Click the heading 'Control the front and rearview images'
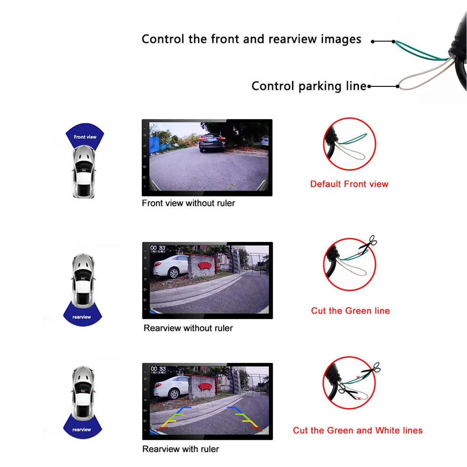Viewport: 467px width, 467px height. click(x=251, y=39)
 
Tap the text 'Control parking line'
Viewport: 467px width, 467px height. click(x=309, y=86)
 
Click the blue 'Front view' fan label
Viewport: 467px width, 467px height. click(x=85, y=135)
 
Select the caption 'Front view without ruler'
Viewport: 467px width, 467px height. click(x=188, y=203)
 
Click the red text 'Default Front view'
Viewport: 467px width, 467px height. click(x=349, y=184)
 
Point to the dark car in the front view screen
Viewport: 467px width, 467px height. click(x=212, y=142)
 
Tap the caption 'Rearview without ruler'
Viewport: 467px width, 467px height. click(x=188, y=328)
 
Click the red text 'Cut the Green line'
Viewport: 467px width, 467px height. click(x=350, y=311)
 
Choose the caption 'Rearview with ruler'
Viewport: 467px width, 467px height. click(x=180, y=449)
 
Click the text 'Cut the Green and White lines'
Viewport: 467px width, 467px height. click(x=357, y=431)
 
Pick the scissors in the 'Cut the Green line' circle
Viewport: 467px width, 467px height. click(x=368, y=243)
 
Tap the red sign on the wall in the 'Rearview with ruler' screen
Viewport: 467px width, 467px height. click(x=205, y=387)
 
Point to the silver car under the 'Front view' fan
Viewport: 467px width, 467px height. click(x=84, y=171)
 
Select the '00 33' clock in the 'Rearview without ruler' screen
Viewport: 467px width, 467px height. click(x=157, y=248)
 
